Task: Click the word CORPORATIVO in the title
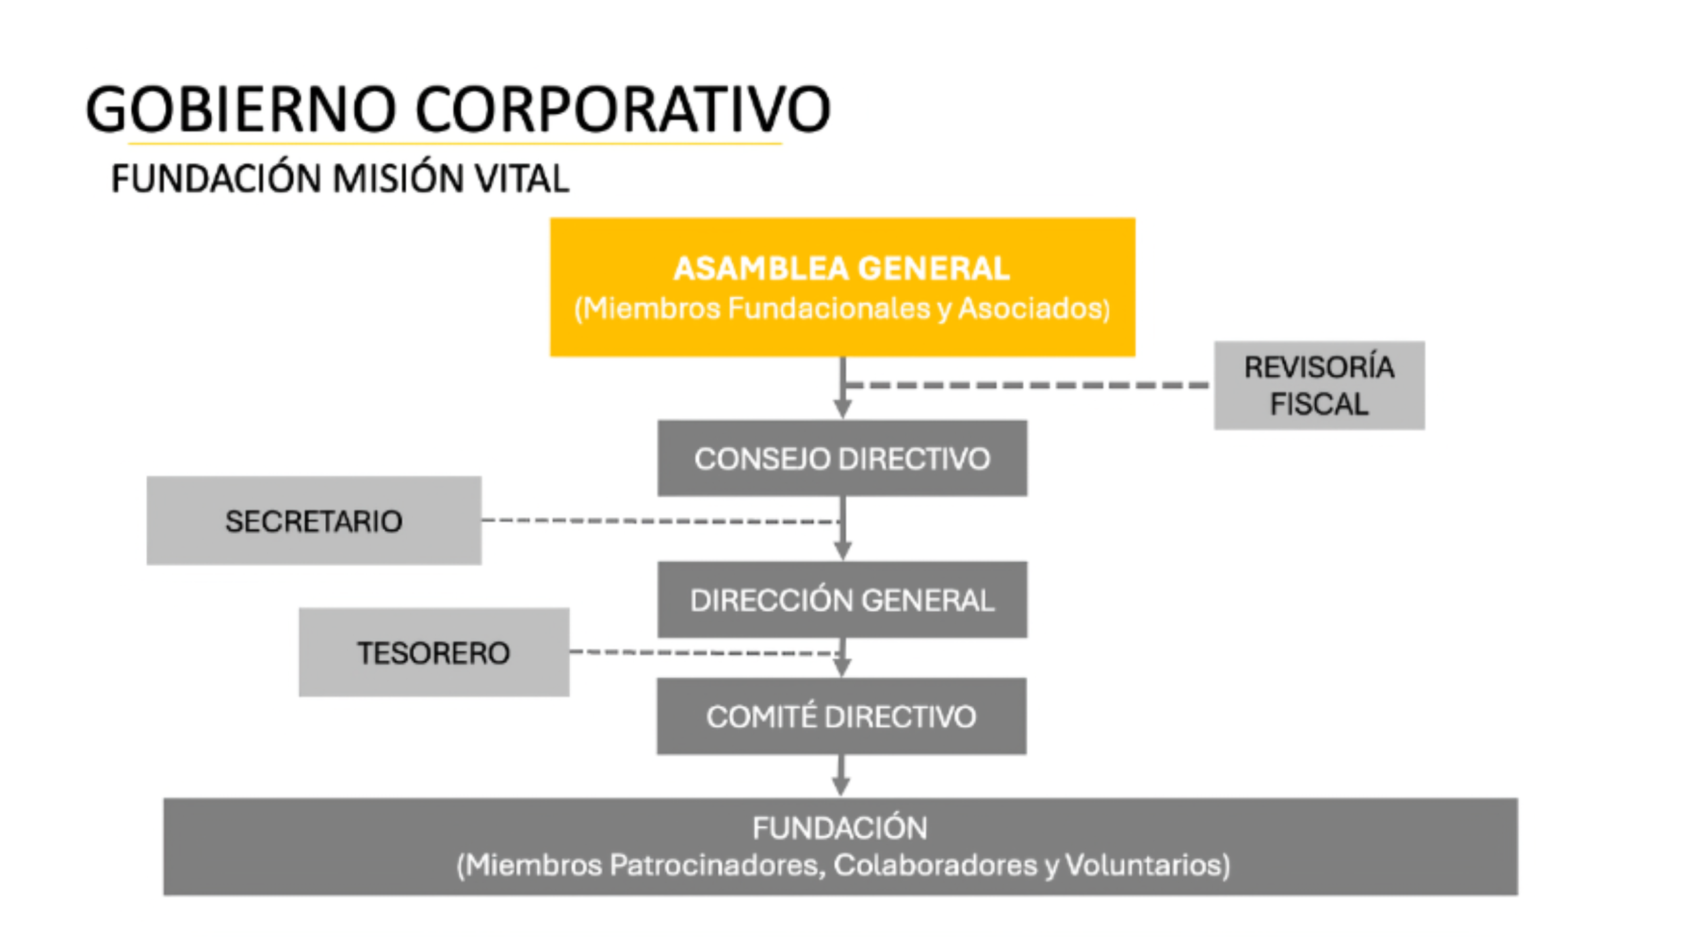(x=623, y=109)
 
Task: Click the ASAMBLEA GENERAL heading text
(x=842, y=269)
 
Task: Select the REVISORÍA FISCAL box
(x=1319, y=385)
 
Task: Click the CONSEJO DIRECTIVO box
(x=842, y=458)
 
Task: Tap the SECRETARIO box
(x=314, y=521)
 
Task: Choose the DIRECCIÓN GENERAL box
(x=842, y=600)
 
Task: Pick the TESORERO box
(x=434, y=652)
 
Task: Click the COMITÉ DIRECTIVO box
(x=841, y=716)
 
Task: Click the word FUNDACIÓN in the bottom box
(x=840, y=828)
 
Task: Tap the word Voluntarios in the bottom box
(x=1148, y=865)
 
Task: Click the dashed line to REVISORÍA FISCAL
(x=1028, y=385)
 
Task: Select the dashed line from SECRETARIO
(x=661, y=521)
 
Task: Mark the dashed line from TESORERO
(x=705, y=653)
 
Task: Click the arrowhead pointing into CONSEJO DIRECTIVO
(x=842, y=410)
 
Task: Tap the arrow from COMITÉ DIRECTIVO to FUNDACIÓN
(x=841, y=776)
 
